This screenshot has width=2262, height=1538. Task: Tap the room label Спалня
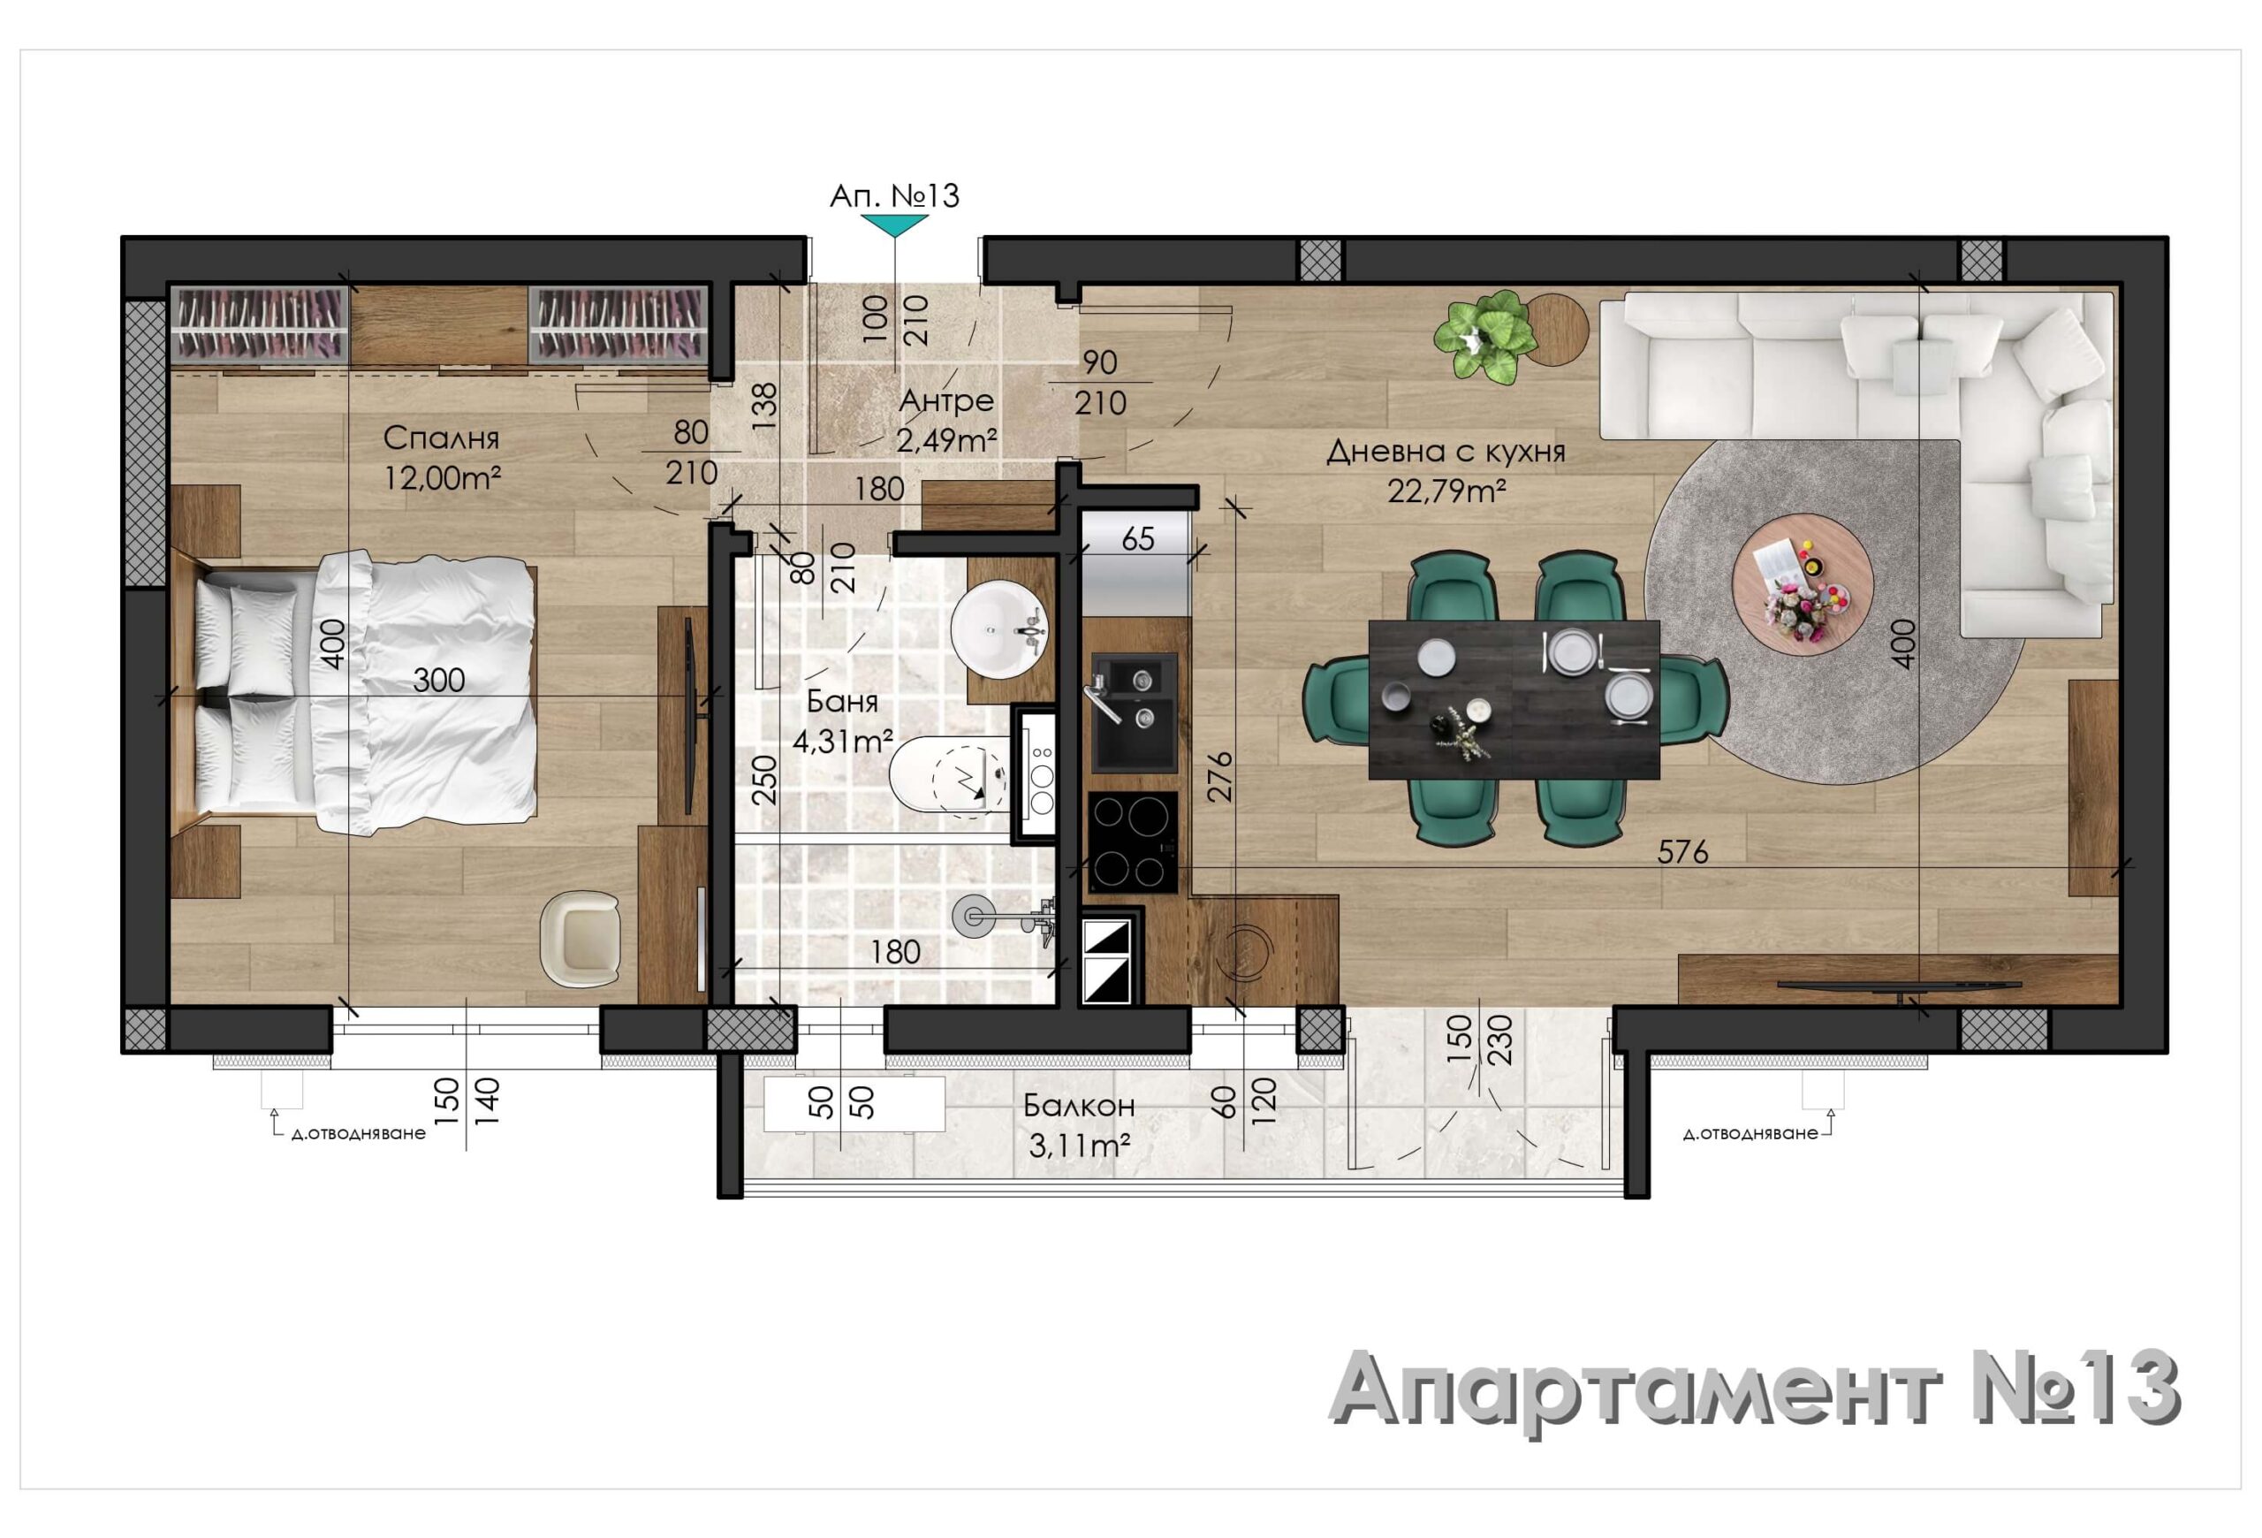pos(441,438)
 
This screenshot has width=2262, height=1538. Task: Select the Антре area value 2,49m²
pos(946,441)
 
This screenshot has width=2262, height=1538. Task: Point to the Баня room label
pos(842,701)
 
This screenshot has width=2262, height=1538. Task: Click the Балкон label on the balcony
pos(1079,1106)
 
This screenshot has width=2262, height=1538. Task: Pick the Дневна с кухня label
pos(1446,452)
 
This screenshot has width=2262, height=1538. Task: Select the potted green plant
pos(1484,337)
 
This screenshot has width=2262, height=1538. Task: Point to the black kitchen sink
pos(1134,713)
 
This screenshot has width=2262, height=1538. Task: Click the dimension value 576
pos(1683,852)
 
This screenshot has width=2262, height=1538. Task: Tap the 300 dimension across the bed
pos(439,680)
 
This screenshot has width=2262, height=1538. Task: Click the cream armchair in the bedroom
pos(581,940)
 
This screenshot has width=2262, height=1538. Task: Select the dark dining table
pos(1514,699)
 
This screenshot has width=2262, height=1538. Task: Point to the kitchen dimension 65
pos(1138,538)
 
